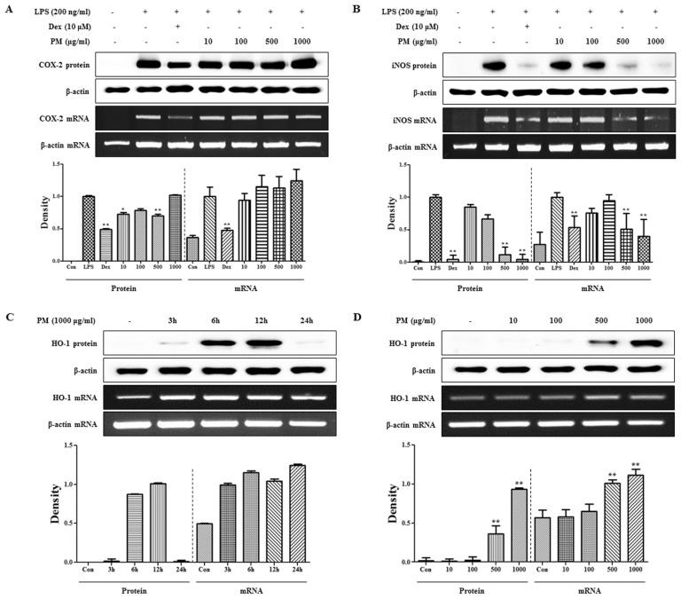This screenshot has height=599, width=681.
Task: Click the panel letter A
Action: click(x=7, y=10)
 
